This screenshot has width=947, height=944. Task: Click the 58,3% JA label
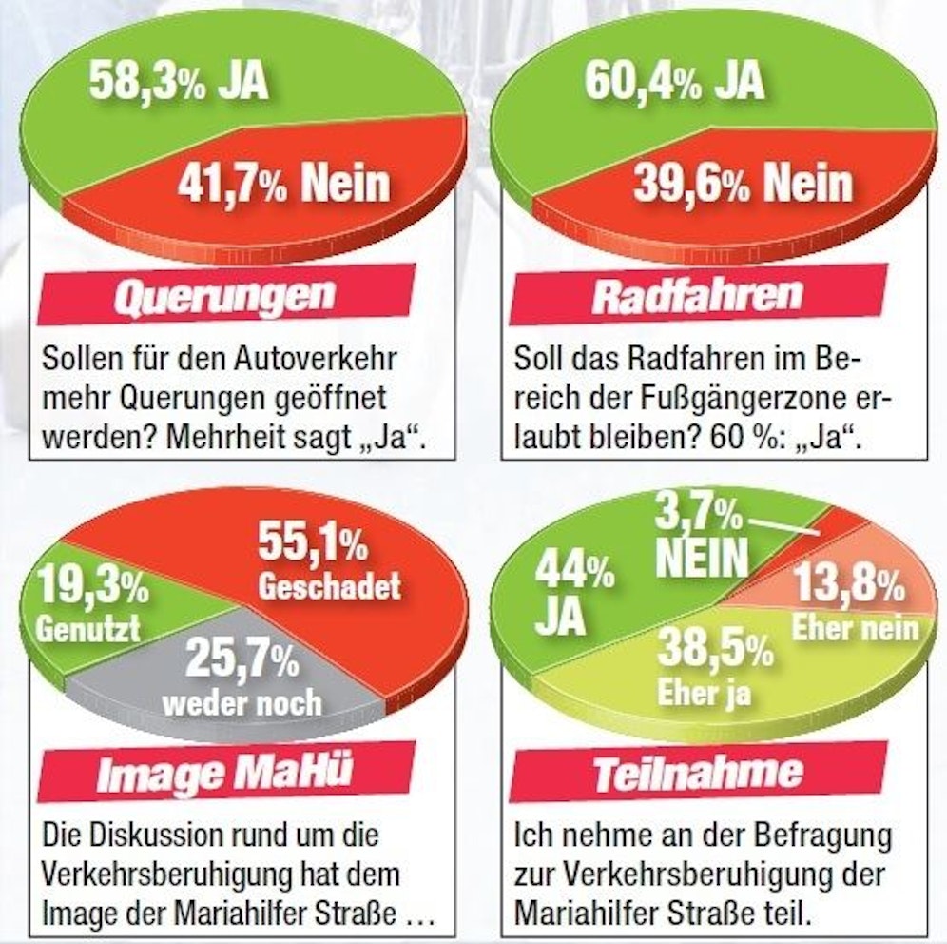click(179, 82)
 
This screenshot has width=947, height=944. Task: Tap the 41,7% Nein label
click(283, 180)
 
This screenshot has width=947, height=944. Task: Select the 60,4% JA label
click(673, 80)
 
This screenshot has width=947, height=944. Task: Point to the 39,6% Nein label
click(743, 182)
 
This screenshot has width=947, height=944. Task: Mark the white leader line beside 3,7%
click(783, 527)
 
